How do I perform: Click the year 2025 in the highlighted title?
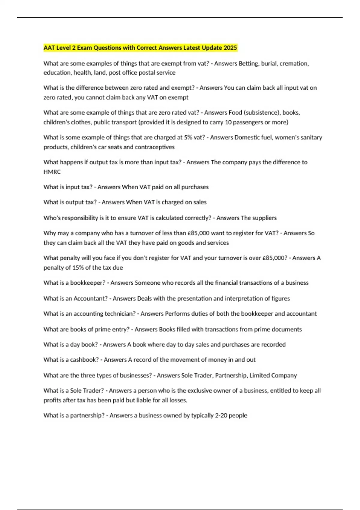pos(230,48)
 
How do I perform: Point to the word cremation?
pos(294,63)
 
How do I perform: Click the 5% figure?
pos(188,137)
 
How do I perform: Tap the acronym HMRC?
pos(52,172)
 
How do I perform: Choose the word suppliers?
pos(264,218)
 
